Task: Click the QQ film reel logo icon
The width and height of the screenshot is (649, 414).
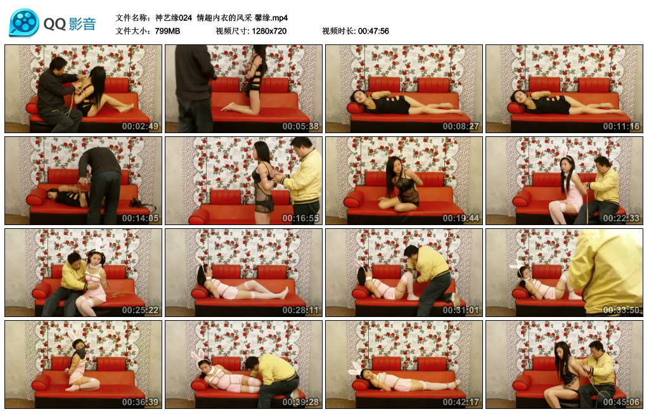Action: coord(24,23)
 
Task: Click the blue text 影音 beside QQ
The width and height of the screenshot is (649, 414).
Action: coord(82,24)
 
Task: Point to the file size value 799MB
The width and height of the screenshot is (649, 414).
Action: coord(167,31)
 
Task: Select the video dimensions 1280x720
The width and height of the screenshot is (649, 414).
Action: coord(269,31)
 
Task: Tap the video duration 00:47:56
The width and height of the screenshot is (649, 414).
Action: coord(373,31)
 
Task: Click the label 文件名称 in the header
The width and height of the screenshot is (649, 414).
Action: coord(132,18)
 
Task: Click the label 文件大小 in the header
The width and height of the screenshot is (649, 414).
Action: coord(132,31)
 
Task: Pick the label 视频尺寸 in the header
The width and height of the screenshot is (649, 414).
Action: coord(232,31)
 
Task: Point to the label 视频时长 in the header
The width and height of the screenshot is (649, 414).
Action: coord(338,31)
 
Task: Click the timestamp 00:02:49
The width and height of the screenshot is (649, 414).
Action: coord(140,126)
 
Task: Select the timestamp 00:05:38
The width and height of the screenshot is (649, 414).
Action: coord(300,126)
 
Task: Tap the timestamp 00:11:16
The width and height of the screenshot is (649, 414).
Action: coord(621,126)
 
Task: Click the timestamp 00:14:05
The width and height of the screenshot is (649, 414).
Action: coord(140,218)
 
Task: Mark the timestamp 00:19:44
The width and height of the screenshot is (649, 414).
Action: coord(461,218)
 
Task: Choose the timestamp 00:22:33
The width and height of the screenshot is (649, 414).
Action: coord(621,218)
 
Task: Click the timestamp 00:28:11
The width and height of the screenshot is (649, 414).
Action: coord(300,310)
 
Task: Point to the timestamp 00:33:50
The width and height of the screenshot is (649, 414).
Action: coord(621,310)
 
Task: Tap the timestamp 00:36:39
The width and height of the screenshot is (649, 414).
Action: coord(140,402)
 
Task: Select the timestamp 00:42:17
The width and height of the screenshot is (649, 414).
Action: coord(461,402)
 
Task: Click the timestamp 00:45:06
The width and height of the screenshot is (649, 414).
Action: coord(621,402)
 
